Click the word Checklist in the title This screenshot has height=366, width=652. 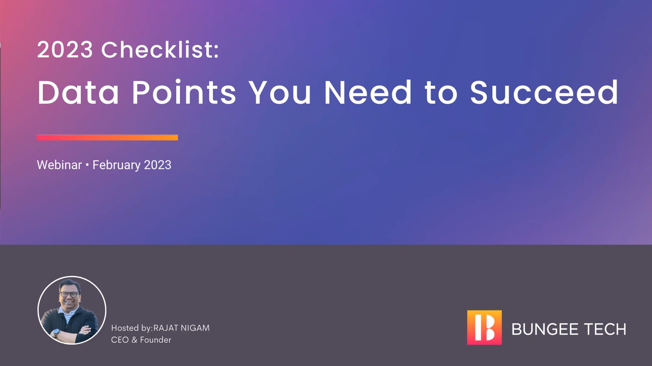pos(160,50)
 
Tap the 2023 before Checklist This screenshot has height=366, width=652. pos(65,50)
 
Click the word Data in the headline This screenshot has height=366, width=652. pos(78,92)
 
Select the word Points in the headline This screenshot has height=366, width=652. pos(184,92)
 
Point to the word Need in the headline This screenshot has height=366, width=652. pos(368,92)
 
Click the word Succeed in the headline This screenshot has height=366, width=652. pos(544,92)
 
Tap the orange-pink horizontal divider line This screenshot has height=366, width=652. pos(107,137)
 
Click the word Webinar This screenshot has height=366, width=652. pos(59,165)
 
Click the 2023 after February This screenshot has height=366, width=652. pos(158,165)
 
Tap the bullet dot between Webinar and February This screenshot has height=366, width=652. pos(87,165)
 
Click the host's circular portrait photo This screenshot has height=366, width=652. pos(72,310)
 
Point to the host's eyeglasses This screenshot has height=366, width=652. pos(70,294)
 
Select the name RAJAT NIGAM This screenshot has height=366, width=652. pos(181,328)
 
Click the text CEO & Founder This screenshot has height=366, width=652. pos(141,340)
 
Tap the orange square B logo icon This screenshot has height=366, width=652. pos(484,327)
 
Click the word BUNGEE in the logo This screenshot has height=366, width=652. pos(545,329)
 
